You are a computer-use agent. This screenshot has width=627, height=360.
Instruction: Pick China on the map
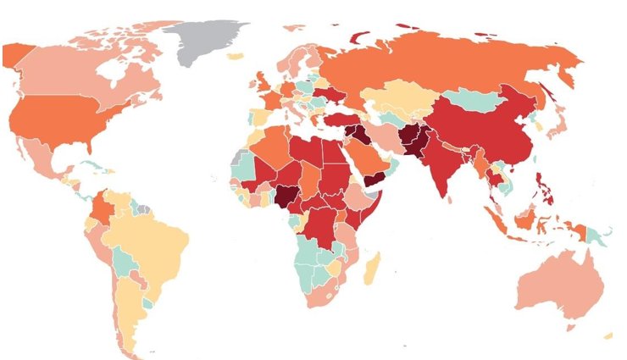483,127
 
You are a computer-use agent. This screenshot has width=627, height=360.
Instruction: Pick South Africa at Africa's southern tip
326,292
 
